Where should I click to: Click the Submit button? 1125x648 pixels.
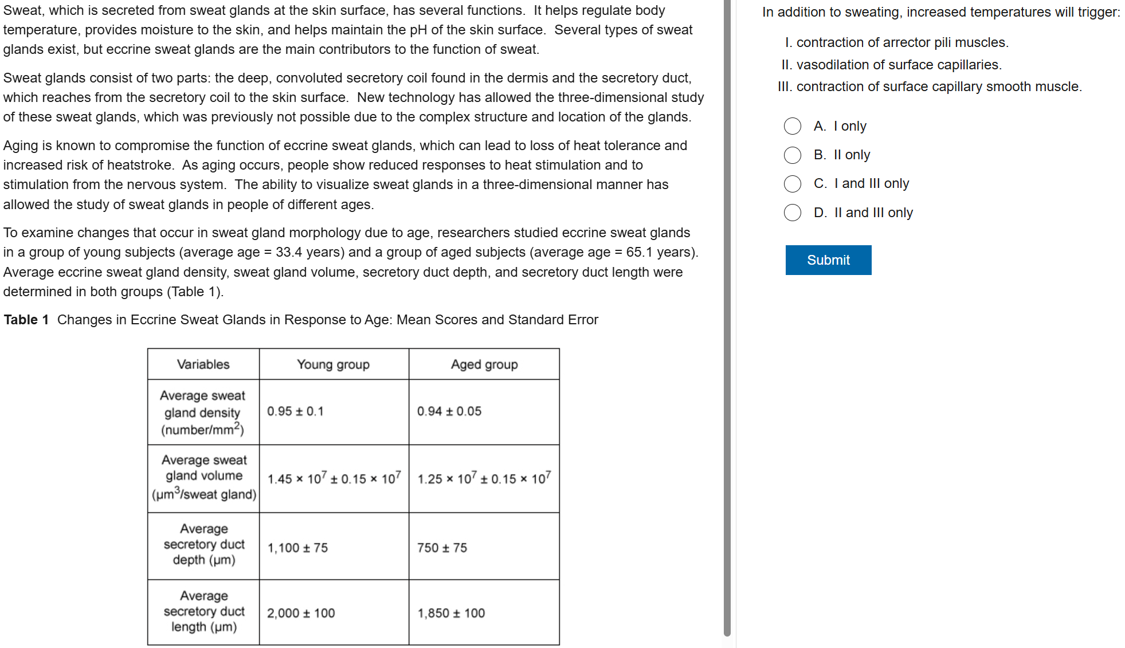click(x=828, y=260)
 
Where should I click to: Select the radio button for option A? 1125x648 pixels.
click(x=793, y=126)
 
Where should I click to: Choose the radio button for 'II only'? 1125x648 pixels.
click(x=793, y=155)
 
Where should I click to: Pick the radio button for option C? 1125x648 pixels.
click(x=793, y=183)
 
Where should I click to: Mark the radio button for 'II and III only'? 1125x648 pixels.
click(x=793, y=213)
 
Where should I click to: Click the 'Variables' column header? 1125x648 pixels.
click(x=203, y=364)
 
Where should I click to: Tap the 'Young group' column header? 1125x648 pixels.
click(x=333, y=364)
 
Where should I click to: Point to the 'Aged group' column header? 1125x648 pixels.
click(x=484, y=364)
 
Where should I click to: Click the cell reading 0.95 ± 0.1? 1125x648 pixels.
click(x=295, y=411)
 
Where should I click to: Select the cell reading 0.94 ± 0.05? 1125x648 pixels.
click(x=449, y=411)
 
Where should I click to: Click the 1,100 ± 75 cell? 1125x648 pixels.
click(x=297, y=548)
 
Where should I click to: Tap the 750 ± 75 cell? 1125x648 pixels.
click(x=442, y=548)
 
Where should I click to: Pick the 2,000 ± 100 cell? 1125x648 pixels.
click(x=301, y=613)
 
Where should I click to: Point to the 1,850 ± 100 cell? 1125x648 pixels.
click(x=451, y=613)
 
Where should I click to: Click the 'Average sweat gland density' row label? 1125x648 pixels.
click(x=202, y=413)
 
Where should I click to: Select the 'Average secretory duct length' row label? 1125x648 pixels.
click(x=203, y=611)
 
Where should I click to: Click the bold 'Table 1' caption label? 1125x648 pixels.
click(x=26, y=320)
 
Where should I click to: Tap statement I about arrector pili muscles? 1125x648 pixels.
click(x=897, y=42)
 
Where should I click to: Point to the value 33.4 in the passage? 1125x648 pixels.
click(x=289, y=252)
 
